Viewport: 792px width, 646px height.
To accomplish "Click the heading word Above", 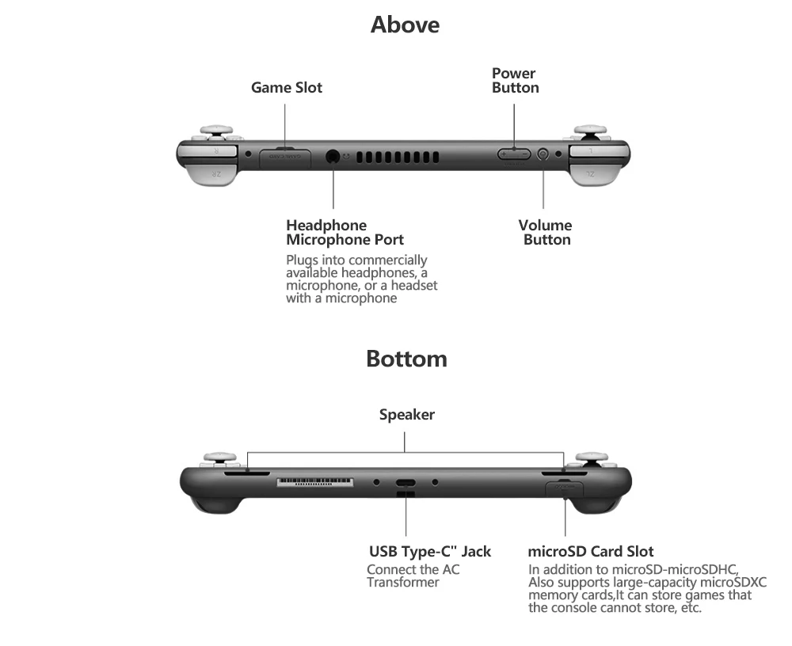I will coord(405,25).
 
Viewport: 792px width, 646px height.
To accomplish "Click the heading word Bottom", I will coord(406,359).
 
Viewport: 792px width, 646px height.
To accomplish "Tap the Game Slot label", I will coord(287,88).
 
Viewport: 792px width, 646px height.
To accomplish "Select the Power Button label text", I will coord(515,81).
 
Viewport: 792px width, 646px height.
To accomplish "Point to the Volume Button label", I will coord(546,233).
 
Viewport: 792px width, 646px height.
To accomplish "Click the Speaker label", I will coord(406,414).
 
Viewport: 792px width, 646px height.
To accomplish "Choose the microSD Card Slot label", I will coord(591,551).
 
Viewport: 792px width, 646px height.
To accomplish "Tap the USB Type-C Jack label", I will coord(430,551).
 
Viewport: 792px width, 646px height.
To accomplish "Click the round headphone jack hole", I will coord(333,156).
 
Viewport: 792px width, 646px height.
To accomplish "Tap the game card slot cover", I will coord(285,156).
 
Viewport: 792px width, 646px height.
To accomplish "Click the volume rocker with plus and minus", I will coord(514,154).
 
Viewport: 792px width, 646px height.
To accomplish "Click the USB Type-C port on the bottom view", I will coord(406,483).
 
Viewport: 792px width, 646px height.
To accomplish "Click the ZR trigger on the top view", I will coord(212,172).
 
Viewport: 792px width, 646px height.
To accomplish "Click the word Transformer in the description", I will coord(402,583).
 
